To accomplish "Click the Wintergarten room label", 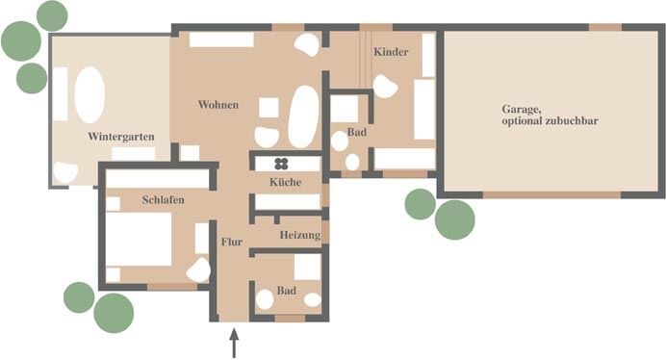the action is tap(121, 137).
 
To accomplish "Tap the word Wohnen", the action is tap(218, 105).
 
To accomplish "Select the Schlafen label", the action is tap(163, 200).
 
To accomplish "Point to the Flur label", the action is tap(232, 242).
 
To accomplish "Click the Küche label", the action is tap(286, 182).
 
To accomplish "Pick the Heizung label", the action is tap(300, 235).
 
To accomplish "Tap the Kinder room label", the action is tap(391, 52).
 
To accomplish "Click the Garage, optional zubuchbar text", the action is tap(550, 115).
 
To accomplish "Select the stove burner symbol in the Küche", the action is tap(281, 164).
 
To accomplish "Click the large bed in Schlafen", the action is tap(139, 239).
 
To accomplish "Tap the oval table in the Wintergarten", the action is tap(90, 94).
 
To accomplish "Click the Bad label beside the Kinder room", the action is tap(357, 132).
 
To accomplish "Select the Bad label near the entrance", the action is tap(287, 291).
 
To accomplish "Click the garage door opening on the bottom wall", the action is tap(551, 195).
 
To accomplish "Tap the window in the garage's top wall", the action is tap(605, 27).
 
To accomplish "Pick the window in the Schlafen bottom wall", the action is tap(172, 287).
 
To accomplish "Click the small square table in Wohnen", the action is tap(269, 108).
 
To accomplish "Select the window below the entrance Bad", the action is tap(290, 319).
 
